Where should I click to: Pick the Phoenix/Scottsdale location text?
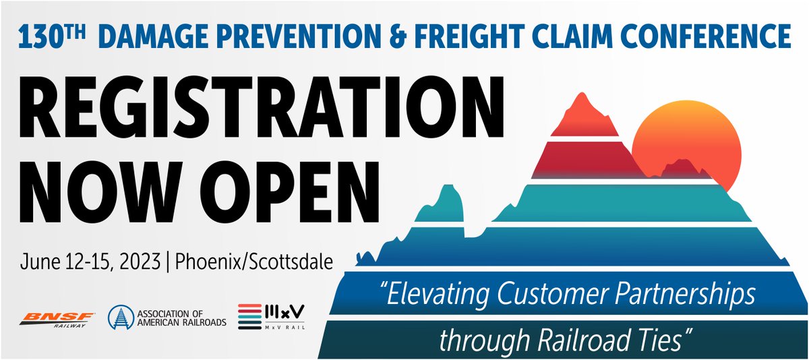[x=253, y=262]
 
